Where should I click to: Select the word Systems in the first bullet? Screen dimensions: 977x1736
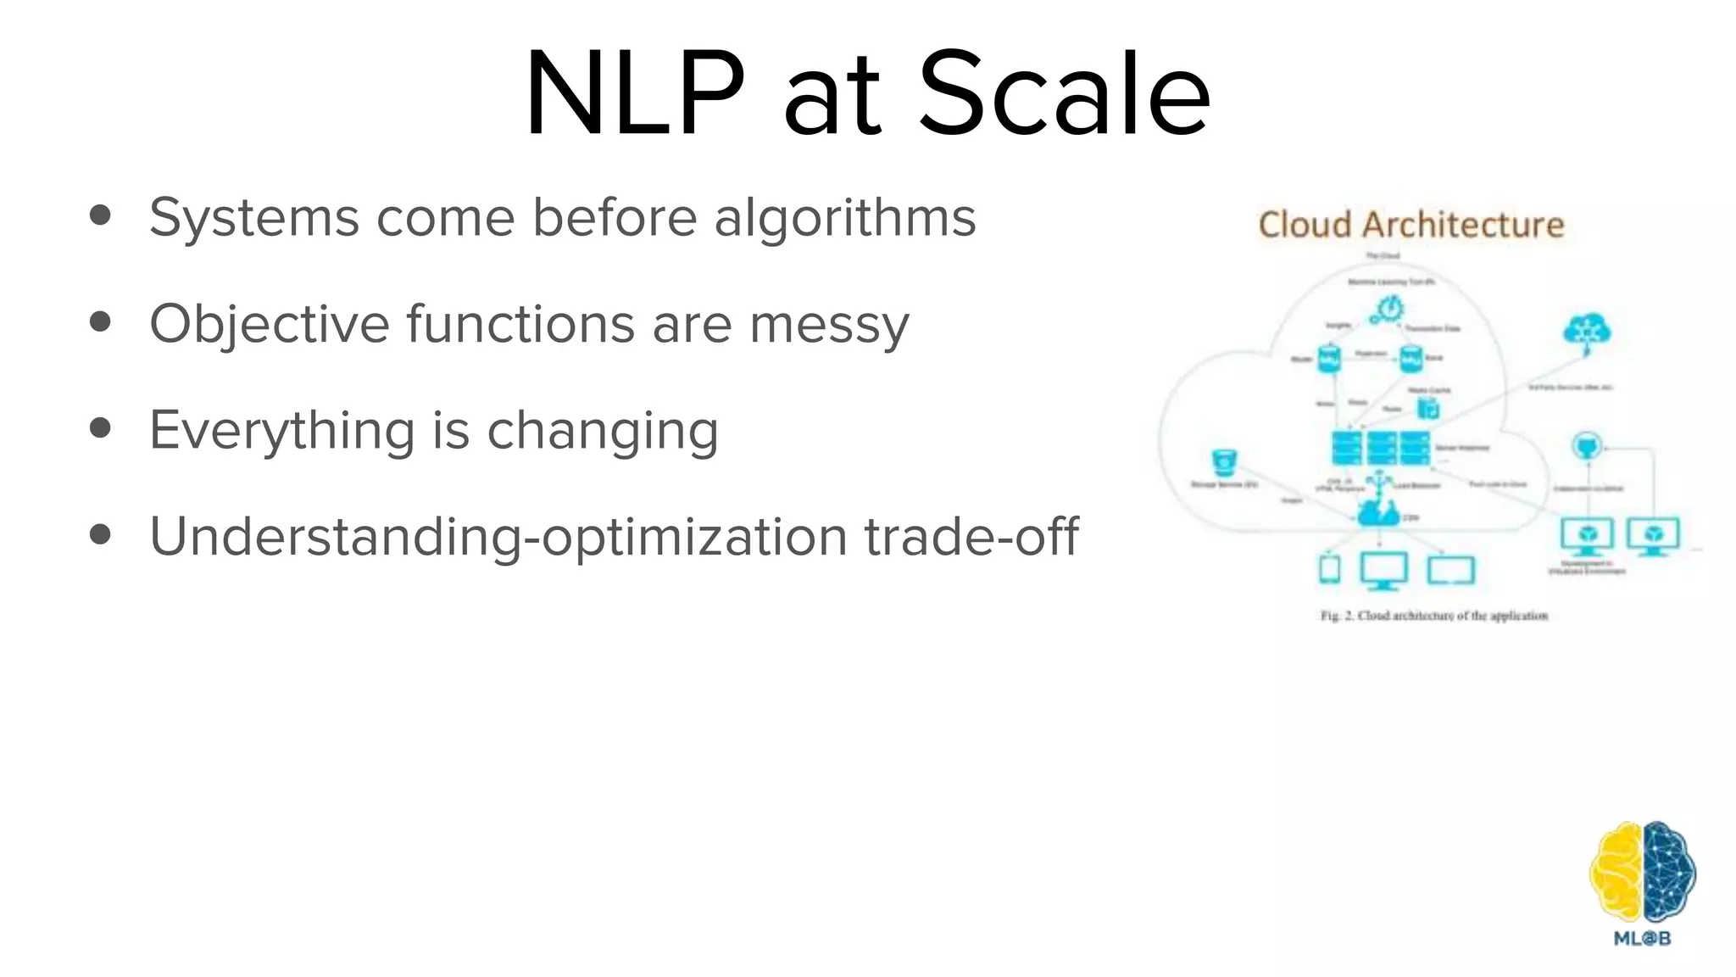(253, 218)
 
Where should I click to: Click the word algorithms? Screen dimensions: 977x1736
(845, 218)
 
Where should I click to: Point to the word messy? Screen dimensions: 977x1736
(829, 325)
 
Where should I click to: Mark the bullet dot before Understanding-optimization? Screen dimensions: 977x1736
(100, 535)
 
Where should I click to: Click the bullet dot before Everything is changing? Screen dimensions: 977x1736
(100, 429)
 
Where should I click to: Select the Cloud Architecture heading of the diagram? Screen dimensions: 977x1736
(1411, 225)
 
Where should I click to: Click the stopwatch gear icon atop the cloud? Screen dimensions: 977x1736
(1390, 310)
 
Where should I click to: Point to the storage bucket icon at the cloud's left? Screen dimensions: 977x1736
(1225, 463)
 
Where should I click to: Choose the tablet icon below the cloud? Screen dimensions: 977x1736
(1330, 569)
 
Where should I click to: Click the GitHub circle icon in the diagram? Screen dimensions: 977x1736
(1587, 445)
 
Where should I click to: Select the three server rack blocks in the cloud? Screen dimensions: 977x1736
(1380, 448)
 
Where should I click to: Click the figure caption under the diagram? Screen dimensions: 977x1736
(1434, 616)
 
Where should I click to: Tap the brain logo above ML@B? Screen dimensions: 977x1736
(1642, 873)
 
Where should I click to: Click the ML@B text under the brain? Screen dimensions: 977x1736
(1642, 939)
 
